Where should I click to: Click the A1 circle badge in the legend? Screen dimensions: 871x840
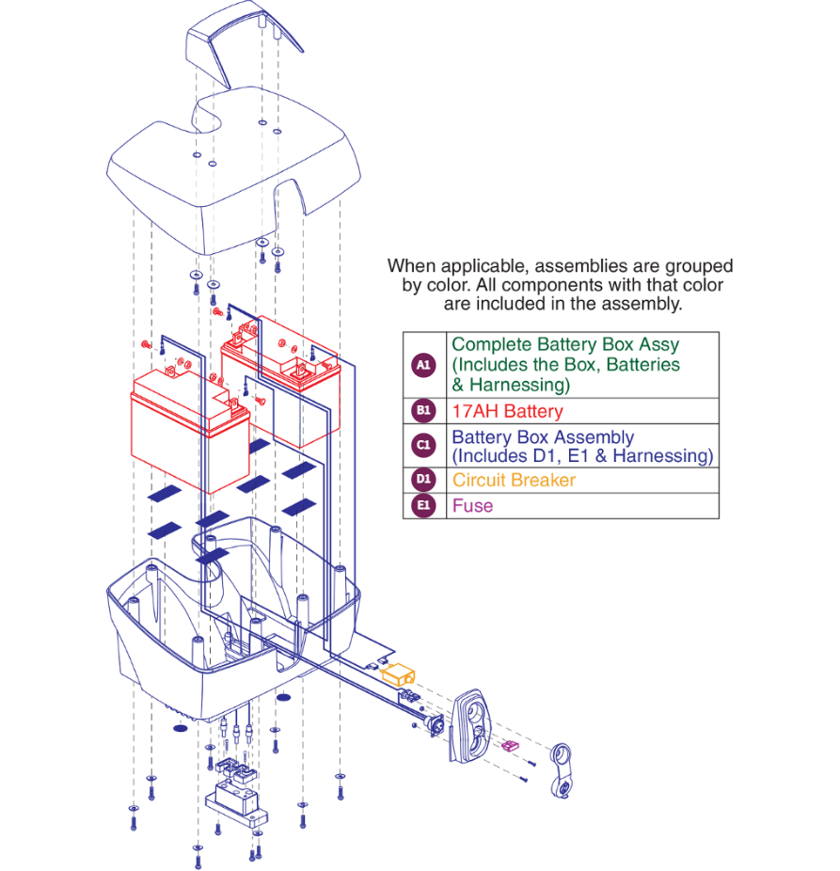[x=424, y=365]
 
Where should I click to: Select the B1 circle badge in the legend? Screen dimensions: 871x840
[x=424, y=411]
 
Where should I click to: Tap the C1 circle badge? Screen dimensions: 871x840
[x=424, y=446]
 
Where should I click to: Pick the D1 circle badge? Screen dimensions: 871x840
[x=424, y=480]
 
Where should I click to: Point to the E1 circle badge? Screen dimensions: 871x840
[x=424, y=505]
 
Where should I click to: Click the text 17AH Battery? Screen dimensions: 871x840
[x=507, y=411]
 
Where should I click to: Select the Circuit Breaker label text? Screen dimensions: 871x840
[x=514, y=480]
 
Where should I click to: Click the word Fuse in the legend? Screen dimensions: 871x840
[x=472, y=505]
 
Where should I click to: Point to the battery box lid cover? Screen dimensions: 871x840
[x=235, y=174]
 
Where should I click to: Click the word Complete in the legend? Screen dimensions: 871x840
[x=484, y=345]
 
